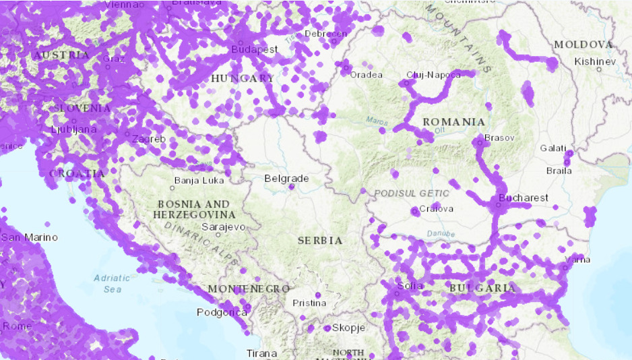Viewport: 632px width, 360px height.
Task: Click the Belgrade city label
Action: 286,179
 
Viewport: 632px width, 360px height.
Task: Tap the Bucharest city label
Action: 523,198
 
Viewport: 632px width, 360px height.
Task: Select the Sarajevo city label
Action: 224,227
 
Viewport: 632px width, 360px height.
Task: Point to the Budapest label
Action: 254,50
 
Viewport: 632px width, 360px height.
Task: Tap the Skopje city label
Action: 348,328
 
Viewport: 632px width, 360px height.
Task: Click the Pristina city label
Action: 309,303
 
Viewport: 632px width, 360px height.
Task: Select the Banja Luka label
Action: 199,181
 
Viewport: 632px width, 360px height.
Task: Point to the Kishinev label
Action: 595,61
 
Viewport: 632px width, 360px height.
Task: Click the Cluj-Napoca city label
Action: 434,74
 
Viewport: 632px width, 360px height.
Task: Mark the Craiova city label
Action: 436,208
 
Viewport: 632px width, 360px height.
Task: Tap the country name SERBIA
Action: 320,240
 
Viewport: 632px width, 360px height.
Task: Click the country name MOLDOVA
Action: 583,44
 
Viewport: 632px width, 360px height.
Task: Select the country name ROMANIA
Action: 453,122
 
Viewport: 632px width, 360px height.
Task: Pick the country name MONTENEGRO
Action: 249,289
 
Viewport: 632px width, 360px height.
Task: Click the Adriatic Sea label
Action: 108,283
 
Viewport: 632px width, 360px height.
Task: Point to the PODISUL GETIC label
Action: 411,193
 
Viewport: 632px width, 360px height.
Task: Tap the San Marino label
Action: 30,237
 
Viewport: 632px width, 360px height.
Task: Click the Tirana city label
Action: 261,353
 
